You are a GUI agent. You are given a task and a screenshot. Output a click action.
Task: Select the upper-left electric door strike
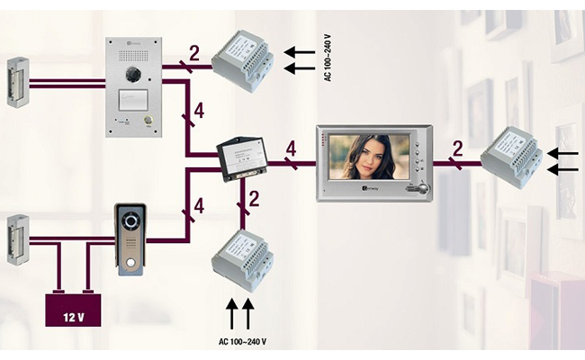(x=15, y=83)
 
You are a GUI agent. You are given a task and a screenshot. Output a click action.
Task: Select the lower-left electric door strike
(x=15, y=238)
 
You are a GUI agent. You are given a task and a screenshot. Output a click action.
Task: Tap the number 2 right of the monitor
(x=458, y=148)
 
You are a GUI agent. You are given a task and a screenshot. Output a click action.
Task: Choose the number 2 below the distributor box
(x=255, y=199)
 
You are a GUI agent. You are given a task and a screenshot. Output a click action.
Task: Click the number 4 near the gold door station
(x=198, y=206)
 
